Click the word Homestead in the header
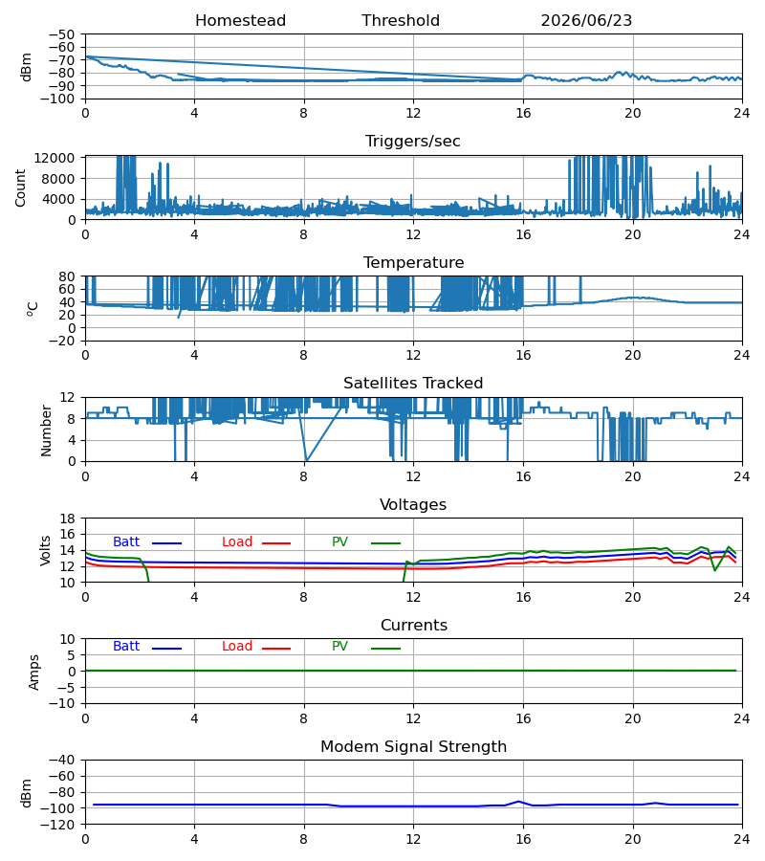(240, 21)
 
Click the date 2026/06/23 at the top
(586, 21)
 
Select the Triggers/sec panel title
(413, 142)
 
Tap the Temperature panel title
(413, 262)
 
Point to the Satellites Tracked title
(413, 384)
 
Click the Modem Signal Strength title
(413, 747)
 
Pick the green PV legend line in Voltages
(385, 543)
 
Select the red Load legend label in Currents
(237, 647)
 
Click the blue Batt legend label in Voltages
(126, 542)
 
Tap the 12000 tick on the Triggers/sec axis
(55, 158)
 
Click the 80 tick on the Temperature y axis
(67, 276)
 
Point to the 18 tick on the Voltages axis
(67, 519)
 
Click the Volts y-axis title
(46, 550)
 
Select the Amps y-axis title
(34, 673)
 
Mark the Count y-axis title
(21, 188)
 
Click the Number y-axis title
(46, 431)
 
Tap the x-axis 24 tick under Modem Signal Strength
(742, 840)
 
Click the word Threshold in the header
(401, 21)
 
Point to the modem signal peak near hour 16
(518, 802)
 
